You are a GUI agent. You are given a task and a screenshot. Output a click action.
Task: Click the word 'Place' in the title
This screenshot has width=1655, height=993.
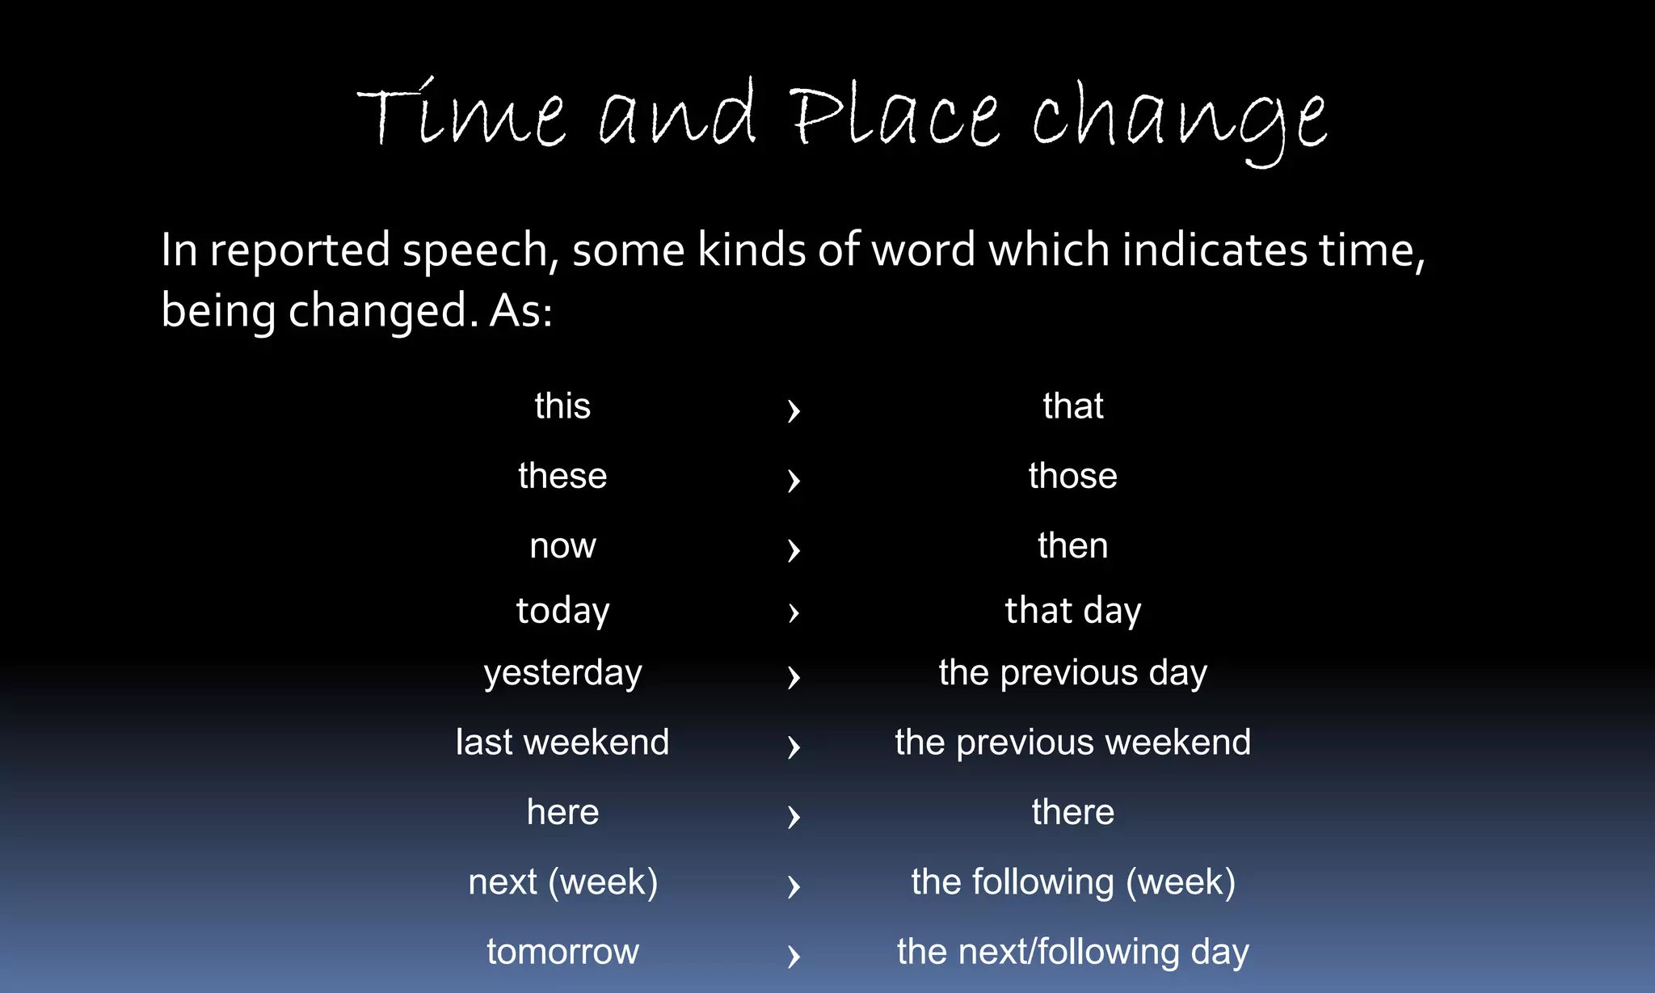(895, 117)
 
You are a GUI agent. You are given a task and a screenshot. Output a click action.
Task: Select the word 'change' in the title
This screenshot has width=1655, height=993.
(1179, 121)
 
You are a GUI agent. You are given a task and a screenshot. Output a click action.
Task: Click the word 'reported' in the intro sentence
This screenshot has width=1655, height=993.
(300, 250)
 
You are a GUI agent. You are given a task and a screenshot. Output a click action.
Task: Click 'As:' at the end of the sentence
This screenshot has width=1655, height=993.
(521, 311)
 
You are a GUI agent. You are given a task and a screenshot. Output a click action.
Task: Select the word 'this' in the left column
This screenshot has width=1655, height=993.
(562, 406)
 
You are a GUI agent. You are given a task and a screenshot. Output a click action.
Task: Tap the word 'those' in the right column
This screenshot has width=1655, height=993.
(1072, 476)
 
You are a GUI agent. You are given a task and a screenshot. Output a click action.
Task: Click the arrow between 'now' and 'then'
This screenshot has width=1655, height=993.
(794, 550)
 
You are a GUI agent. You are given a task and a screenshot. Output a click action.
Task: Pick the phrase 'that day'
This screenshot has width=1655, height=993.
(1072, 611)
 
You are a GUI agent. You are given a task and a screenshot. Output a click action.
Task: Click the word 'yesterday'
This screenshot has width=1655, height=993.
(562, 673)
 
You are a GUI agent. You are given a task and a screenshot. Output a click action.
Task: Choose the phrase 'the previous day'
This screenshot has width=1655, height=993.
(1072, 673)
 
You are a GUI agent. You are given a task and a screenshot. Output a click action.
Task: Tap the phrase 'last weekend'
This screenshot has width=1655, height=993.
(562, 743)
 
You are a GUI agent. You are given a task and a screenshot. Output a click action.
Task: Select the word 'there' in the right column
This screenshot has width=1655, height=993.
(1072, 812)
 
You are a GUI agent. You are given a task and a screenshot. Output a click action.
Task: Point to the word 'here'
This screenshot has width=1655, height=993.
(562, 812)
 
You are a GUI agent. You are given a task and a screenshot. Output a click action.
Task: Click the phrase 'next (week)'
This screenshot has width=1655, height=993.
(562, 882)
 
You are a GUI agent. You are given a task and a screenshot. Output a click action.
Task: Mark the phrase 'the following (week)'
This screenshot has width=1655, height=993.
(1072, 882)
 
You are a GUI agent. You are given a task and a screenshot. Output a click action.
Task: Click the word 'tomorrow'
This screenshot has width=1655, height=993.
(562, 952)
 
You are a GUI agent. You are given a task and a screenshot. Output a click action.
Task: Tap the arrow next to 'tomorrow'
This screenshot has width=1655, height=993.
(794, 957)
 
